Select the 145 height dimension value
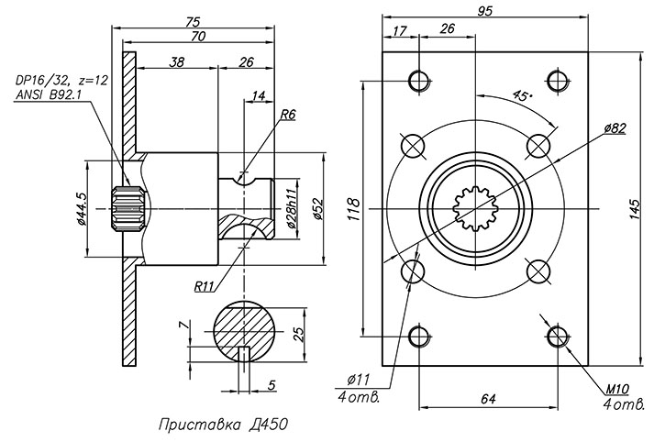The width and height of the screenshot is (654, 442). (634, 210)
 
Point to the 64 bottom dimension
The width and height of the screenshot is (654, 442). (487, 398)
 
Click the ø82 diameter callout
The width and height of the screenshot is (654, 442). (615, 128)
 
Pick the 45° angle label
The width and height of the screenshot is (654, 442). (524, 95)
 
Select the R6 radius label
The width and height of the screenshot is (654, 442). (287, 116)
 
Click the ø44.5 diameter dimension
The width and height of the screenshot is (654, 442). (81, 210)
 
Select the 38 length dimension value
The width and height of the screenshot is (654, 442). (177, 62)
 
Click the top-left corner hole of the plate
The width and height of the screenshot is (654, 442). (420, 81)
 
